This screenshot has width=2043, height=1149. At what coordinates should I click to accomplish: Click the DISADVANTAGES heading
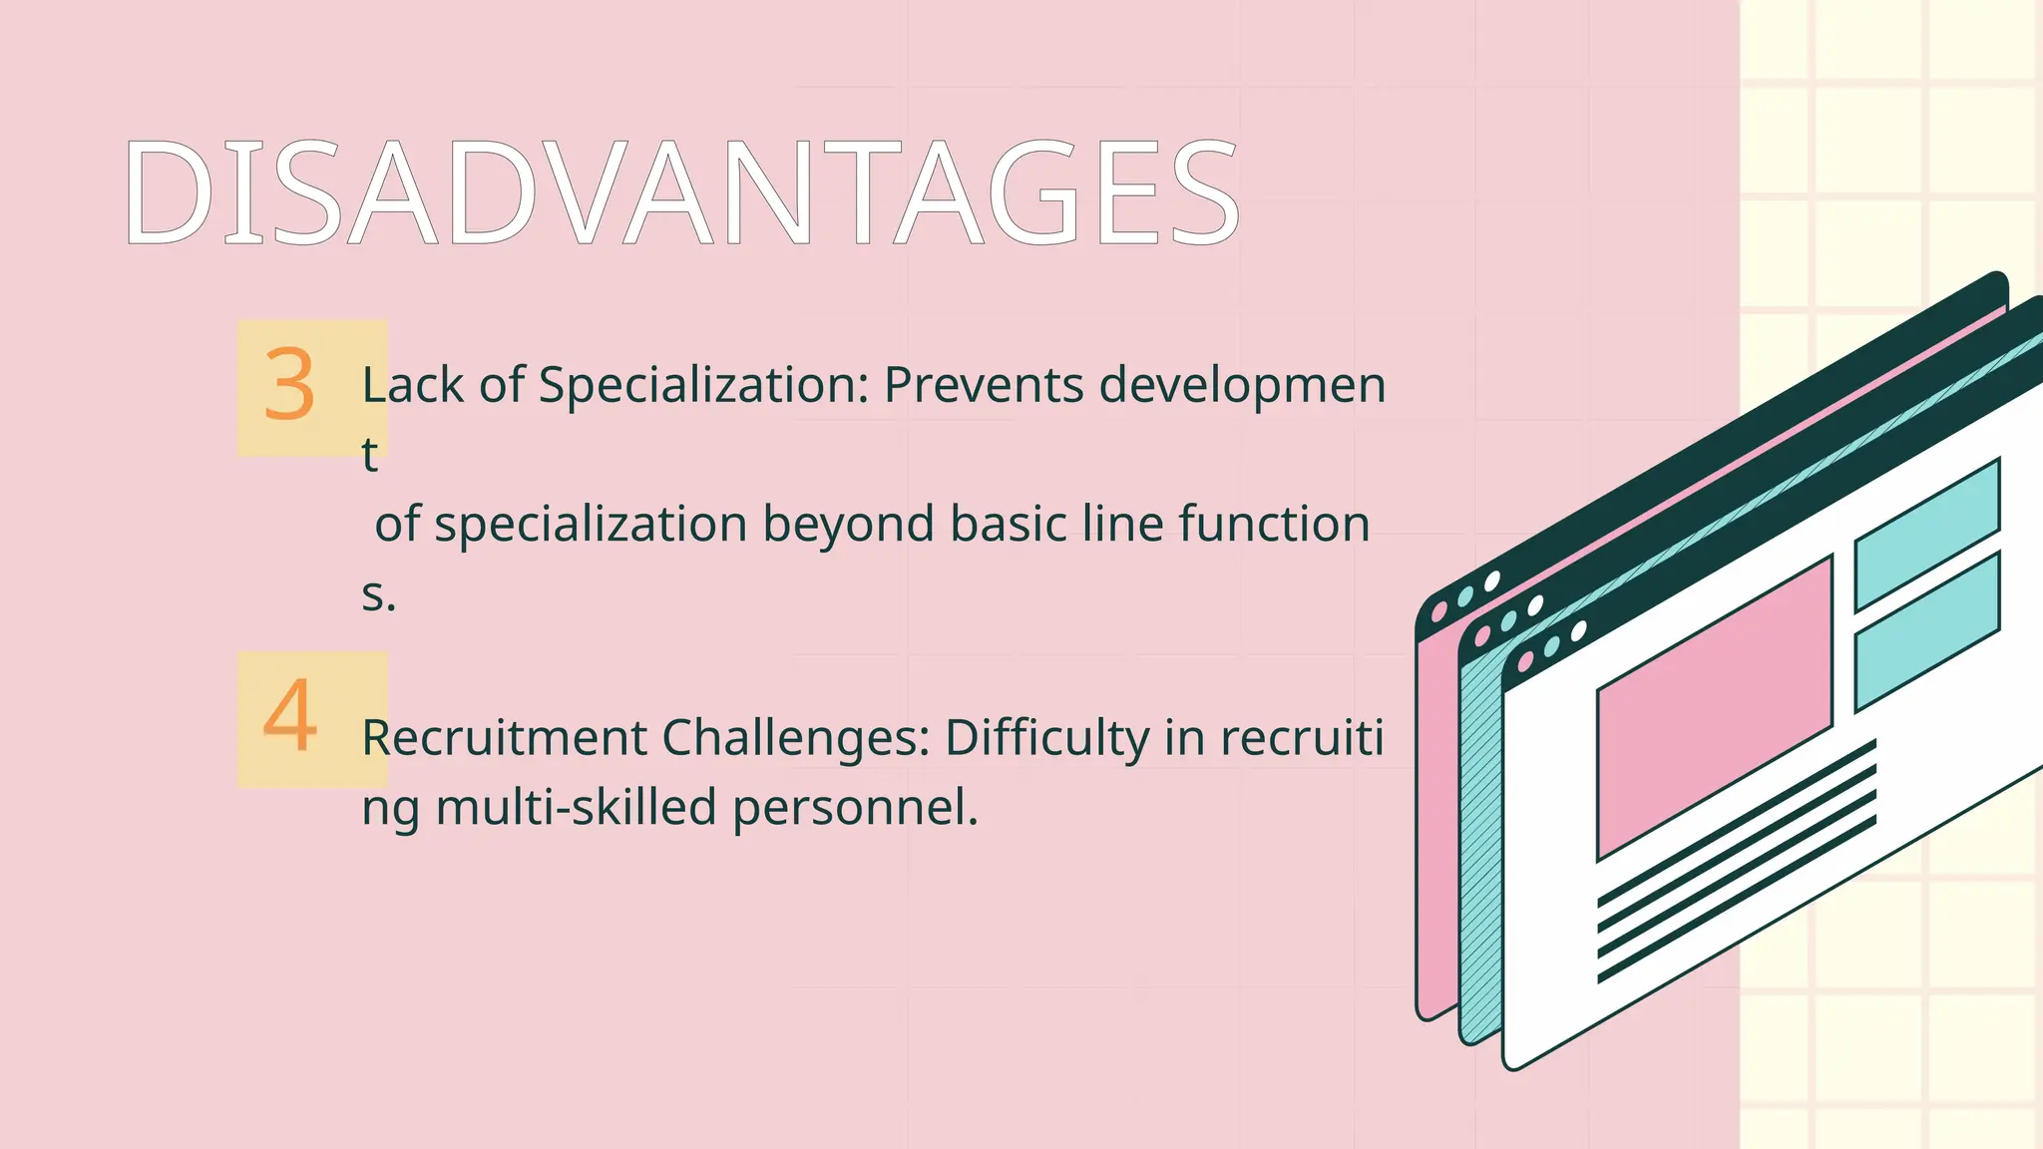pos(681,192)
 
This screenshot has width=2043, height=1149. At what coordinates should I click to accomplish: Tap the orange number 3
pos(289,385)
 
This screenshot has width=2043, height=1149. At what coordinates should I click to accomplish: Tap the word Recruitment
pos(504,739)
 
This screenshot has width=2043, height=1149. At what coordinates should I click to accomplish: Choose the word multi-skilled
pos(576,808)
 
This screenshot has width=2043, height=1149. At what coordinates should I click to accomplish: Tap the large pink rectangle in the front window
pos(1714,708)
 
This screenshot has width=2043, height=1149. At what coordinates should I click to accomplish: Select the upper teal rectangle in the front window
pos(1926,534)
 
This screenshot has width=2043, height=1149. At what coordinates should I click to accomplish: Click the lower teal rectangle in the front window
pos(1926,632)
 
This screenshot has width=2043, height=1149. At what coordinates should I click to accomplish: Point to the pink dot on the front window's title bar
pos(1525,661)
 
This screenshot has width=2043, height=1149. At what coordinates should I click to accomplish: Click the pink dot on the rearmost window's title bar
pos(1438,611)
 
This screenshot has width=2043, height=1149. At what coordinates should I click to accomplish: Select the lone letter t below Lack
pos(370,455)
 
